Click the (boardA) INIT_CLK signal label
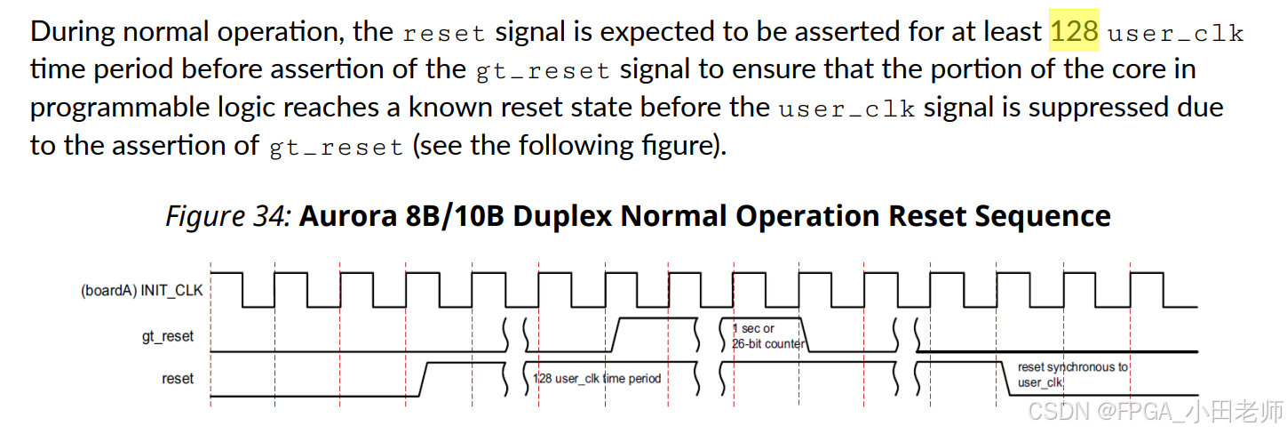142,290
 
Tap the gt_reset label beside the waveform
168,336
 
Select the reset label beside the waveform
178,378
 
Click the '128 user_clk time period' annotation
597,378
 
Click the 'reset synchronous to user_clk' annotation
1072,374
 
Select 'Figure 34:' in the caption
228,216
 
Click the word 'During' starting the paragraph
72,33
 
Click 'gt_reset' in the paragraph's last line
336,146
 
